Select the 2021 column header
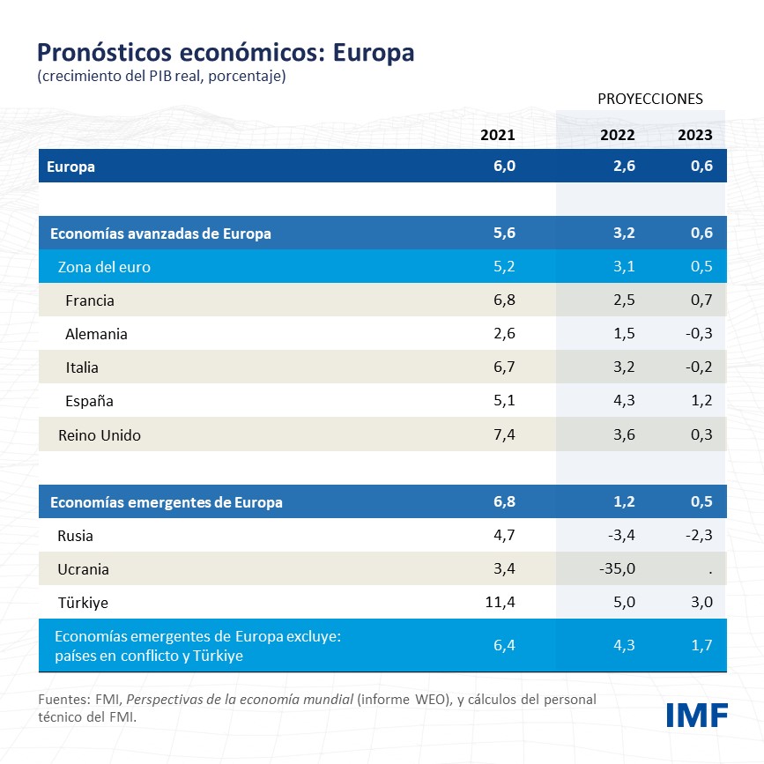tap(497, 135)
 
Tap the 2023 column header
tap(694, 135)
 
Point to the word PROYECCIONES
tap(650, 98)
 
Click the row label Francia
tap(90, 300)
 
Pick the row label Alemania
tap(96, 334)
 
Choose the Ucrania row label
tap(83, 569)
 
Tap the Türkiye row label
tap(83, 603)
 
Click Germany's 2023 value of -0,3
tap(699, 334)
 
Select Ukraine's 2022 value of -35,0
tap(616, 569)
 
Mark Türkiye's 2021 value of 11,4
tap(498, 603)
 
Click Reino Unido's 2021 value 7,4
tap(504, 435)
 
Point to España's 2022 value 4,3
tap(622, 401)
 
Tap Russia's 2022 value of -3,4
tap(619, 536)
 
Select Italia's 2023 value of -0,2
tap(699, 367)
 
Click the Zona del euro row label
tap(104, 267)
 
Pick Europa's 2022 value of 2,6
tap(622, 167)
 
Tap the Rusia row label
tap(75, 536)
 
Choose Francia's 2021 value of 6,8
tap(504, 300)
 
